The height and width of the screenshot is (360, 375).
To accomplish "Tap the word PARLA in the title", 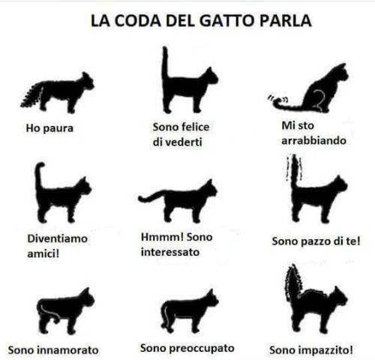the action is point(286,20).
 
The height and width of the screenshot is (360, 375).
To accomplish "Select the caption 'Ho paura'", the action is point(49,128).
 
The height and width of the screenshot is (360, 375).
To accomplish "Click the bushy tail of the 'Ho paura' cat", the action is point(32,95).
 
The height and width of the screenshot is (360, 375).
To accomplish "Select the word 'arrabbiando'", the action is point(313,140).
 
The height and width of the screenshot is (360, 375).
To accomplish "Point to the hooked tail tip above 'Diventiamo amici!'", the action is point(40,166).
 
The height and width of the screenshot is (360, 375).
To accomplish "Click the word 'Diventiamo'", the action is point(58,238).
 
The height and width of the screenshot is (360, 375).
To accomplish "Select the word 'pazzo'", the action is point(316,241).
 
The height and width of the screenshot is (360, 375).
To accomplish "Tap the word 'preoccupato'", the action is point(202,348).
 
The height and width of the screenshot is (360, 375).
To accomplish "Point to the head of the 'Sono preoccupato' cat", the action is point(211,298).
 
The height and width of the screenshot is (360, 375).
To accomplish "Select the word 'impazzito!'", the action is point(329,350).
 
